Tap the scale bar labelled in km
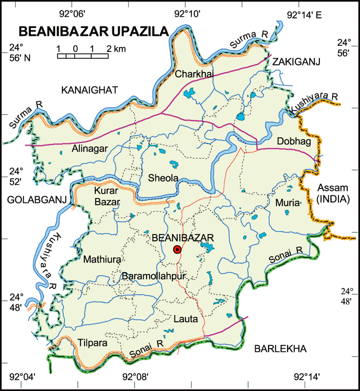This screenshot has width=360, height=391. (x=82, y=56)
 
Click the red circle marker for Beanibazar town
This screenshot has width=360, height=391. (x=177, y=249)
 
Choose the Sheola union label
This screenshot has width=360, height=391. (x=163, y=179)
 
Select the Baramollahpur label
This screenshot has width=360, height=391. (x=149, y=276)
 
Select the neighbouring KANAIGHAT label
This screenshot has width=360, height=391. (x=89, y=90)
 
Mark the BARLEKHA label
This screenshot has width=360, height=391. (x=280, y=349)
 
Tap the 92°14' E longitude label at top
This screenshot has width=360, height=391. (x=304, y=15)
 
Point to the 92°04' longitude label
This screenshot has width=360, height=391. (x=22, y=377)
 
